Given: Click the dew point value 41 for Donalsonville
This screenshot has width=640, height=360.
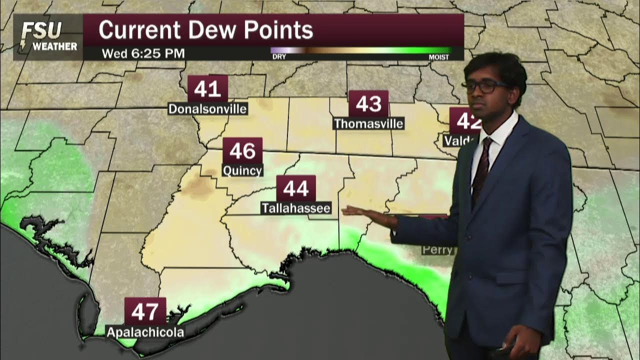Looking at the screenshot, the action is (207, 89).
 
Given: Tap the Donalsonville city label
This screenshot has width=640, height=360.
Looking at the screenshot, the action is (207, 109).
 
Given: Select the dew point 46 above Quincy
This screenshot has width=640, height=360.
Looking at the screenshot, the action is (242, 150).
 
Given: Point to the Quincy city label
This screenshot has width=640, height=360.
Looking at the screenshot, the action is (242, 170).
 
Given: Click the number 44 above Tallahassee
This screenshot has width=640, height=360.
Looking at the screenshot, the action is (295, 188).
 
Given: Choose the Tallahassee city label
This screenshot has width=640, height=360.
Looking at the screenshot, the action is (295, 208).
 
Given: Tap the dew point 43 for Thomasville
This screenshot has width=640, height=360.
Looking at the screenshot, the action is (368, 104).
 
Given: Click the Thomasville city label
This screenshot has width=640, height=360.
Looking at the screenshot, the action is (368, 123).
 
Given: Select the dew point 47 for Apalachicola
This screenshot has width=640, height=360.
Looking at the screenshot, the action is (145, 311).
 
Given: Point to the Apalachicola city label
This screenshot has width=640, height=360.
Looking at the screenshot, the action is (145, 332).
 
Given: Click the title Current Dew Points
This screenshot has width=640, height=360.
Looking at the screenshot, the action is (205, 30).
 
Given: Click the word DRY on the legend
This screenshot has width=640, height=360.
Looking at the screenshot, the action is (279, 57).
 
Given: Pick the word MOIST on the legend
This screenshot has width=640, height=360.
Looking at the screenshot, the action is (438, 57).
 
